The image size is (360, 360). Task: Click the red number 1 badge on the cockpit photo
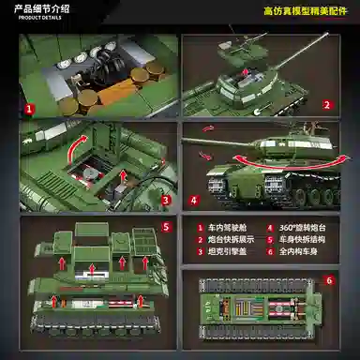30,109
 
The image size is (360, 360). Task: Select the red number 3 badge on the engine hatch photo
164,199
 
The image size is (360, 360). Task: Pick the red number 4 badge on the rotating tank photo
193,199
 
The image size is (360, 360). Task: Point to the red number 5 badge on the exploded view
166,226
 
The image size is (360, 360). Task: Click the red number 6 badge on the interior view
328,280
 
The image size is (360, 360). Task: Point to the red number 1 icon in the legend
199,228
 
